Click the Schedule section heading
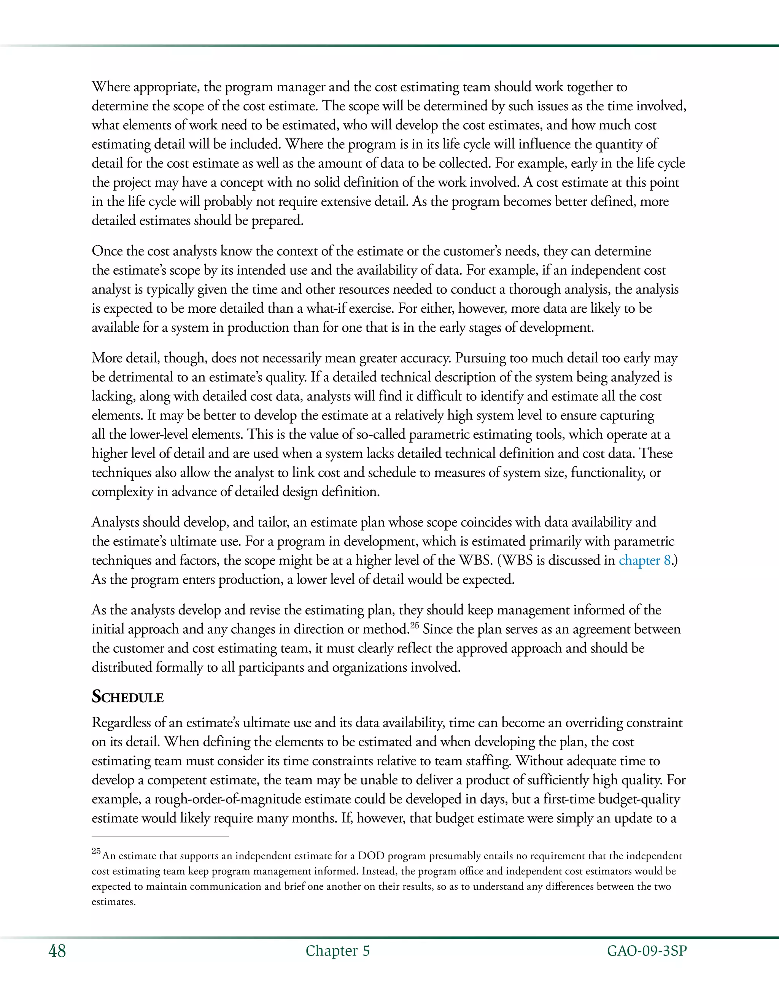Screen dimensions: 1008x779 point(128,696)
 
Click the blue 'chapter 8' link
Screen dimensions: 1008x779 point(644,560)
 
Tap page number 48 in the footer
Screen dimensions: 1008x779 point(57,951)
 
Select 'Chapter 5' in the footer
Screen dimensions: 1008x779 point(337,951)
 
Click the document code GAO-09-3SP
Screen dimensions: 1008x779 point(647,951)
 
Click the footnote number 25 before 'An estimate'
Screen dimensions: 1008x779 point(96,851)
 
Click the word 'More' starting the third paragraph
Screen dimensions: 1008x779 point(107,358)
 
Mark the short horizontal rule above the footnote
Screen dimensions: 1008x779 point(160,836)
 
